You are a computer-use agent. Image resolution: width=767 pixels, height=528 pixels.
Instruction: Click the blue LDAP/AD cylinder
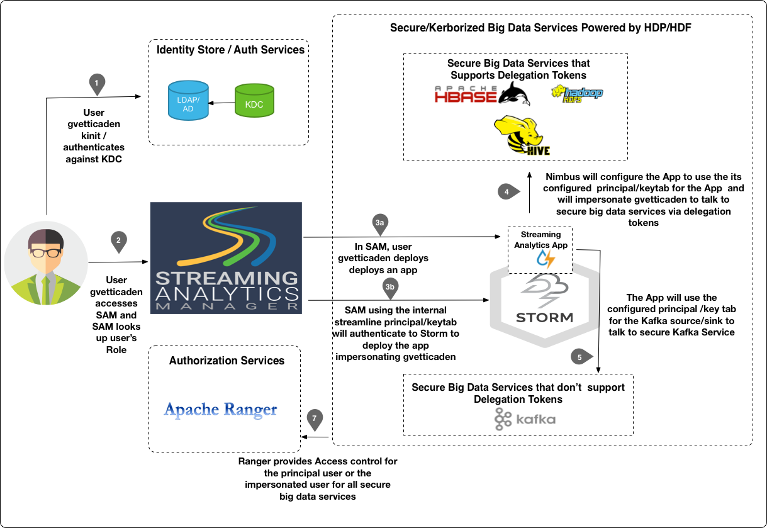point(188,101)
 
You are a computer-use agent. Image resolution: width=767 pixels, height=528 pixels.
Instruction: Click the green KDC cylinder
point(254,101)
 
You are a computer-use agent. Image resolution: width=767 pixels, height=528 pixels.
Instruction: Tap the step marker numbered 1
point(96,83)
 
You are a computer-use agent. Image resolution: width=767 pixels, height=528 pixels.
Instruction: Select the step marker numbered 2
point(118,240)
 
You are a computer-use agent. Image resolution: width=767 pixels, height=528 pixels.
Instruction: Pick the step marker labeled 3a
point(379,224)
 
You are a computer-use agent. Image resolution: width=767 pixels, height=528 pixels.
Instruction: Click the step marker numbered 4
point(507,191)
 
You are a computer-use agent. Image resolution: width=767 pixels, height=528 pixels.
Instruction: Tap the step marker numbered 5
point(580,357)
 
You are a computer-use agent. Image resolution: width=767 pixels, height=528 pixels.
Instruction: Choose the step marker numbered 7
point(315,418)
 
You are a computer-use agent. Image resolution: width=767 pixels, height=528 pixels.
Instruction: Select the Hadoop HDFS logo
point(577,94)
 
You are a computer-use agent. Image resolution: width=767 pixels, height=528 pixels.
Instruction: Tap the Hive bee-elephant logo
point(522,135)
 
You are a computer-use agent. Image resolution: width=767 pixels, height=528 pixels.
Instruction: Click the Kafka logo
point(525,419)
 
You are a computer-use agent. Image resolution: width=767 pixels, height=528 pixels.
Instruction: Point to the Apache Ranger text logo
point(220,410)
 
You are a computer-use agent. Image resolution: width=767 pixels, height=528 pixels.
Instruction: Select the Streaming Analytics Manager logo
point(227,258)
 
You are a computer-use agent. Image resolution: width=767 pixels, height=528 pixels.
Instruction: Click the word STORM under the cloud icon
point(544,317)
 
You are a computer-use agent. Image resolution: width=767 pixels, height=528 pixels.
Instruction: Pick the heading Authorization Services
point(227,361)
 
